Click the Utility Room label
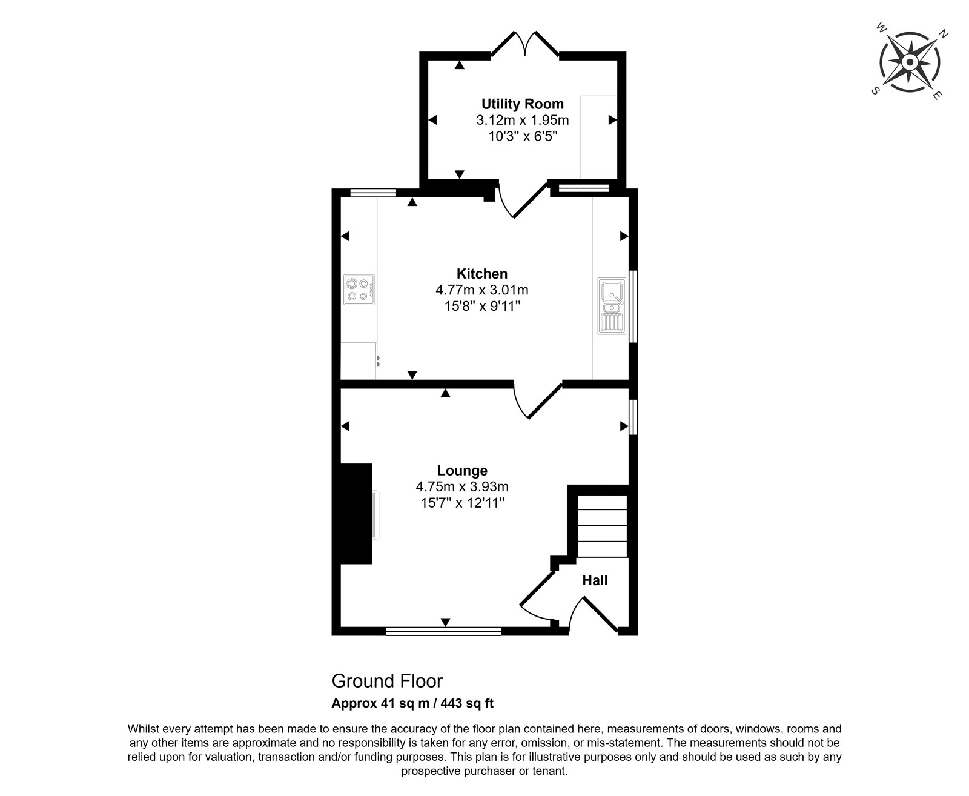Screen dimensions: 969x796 (x=523, y=104)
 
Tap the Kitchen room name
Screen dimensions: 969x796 (x=482, y=273)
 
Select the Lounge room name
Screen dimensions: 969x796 (x=462, y=471)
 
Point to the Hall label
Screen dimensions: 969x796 (x=595, y=580)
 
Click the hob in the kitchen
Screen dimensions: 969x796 (x=359, y=290)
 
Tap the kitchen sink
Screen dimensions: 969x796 (x=612, y=306)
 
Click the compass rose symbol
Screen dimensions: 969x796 (x=910, y=62)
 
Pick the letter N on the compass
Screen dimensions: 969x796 (x=944, y=33)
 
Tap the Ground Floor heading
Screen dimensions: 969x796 (x=388, y=681)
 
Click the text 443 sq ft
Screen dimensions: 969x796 (x=468, y=703)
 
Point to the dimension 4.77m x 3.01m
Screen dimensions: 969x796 (x=482, y=290)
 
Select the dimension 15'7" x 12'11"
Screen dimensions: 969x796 (x=462, y=503)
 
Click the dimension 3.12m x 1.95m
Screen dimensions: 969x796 (x=523, y=120)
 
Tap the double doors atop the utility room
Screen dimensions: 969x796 (x=524, y=44)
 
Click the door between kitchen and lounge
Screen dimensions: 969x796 (x=538, y=400)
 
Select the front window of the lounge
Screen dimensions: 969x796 (x=443, y=631)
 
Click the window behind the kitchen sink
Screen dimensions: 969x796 (x=633, y=307)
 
